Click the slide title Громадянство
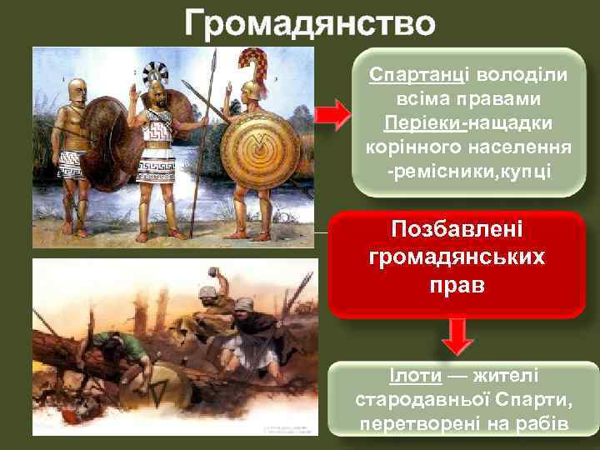click(309, 23)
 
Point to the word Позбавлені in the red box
click(457, 229)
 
